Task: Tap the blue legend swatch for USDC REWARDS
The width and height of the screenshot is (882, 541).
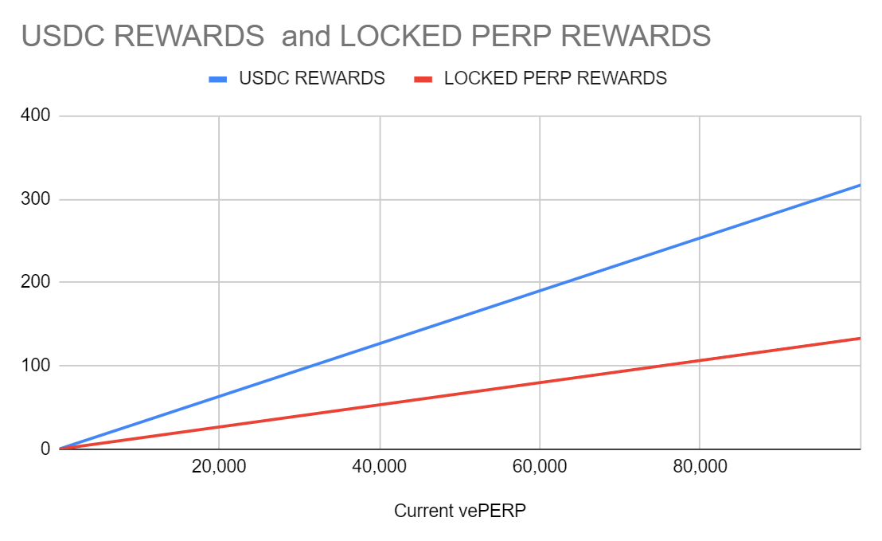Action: [217, 79]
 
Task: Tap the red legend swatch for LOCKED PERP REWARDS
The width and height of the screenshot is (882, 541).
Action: [423, 79]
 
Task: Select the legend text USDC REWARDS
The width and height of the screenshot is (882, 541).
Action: [312, 78]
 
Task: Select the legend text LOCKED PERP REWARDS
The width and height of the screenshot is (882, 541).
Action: [555, 78]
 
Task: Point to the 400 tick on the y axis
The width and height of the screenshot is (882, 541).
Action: [36, 116]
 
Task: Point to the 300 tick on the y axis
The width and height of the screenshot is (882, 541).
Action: [36, 199]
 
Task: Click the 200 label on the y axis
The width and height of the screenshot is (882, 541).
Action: [36, 282]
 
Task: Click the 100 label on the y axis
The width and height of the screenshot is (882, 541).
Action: [36, 366]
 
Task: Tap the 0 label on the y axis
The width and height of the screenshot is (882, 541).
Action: [45, 449]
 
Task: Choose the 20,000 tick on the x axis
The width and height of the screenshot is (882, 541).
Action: [219, 467]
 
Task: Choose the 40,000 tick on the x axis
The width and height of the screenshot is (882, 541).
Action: [379, 467]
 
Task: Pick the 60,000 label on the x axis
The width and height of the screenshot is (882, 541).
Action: [540, 467]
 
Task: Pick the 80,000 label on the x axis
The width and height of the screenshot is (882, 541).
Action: [700, 467]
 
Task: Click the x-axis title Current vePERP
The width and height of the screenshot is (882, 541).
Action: [460, 511]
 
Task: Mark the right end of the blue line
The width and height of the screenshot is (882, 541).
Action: [860, 185]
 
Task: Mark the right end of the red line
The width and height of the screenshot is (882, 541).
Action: [860, 338]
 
